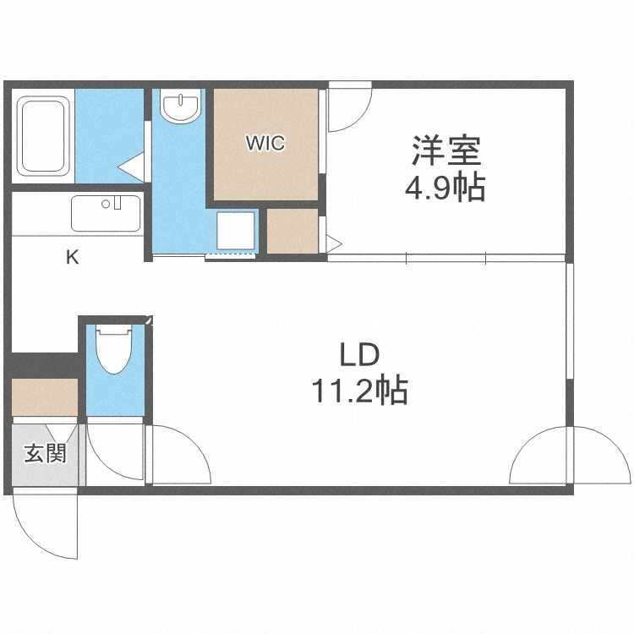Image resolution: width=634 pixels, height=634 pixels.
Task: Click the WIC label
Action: tap(265, 143)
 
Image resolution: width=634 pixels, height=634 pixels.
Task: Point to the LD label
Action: tap(360, 354)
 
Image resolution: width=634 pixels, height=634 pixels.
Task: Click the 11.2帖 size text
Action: tap(359, 391)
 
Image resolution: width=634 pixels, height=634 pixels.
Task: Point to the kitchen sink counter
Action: tap(106, 213)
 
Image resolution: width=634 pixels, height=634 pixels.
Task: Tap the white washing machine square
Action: tap(236, 229)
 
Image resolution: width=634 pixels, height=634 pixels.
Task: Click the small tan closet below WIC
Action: tap(292, 230)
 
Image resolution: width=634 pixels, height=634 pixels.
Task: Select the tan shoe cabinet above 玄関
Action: tap(45, 396)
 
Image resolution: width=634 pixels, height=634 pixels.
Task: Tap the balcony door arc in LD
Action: tap(539, 456)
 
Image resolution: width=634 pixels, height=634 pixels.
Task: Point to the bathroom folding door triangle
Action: tap(133, 167)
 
